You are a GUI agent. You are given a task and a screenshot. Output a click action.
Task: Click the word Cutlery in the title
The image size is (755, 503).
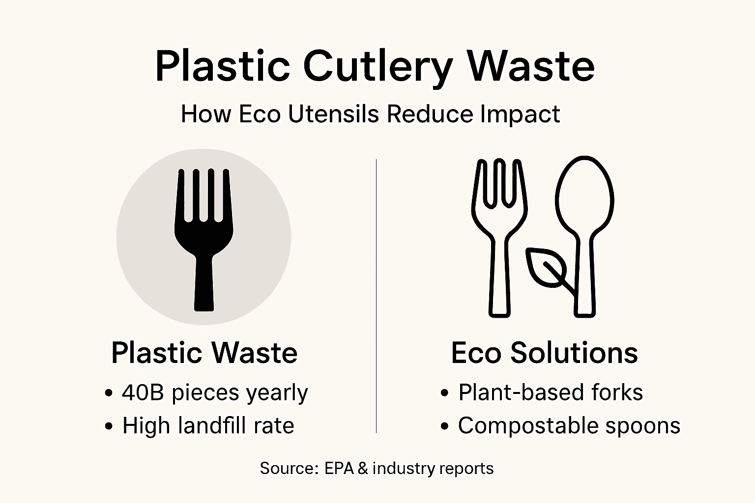tap(377, 66)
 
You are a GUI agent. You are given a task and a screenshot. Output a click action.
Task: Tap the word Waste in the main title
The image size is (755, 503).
tap(530, 66)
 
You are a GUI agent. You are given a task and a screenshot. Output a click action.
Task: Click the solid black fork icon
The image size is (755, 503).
tap(203, 231)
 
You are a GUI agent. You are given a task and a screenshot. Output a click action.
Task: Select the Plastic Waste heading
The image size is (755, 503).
tap(204, 353)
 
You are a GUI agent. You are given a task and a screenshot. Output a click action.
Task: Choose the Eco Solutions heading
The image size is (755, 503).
tap(544, 353)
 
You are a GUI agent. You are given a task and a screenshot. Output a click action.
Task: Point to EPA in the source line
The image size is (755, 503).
tap(339, 468)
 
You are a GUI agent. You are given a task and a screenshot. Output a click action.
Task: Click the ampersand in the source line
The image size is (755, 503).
tap(363, 468)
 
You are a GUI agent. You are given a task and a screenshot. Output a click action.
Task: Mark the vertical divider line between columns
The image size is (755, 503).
tap(376, 295)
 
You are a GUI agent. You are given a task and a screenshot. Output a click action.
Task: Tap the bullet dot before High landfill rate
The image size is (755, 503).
tap(109, 426)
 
